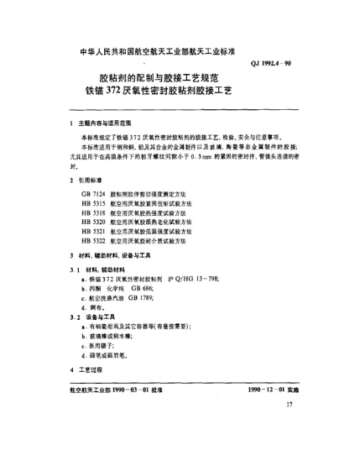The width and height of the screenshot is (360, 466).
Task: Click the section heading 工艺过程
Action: point(92,368)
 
